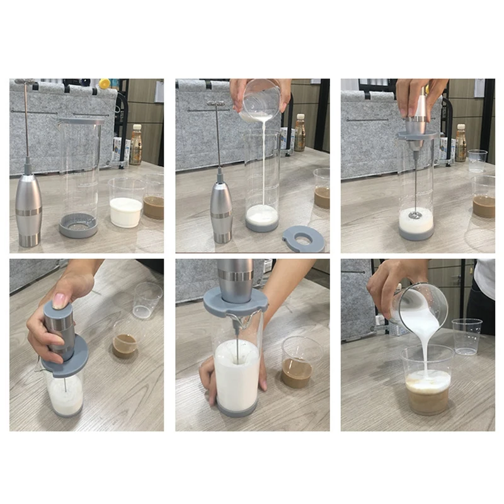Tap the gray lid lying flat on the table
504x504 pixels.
click(303, 239)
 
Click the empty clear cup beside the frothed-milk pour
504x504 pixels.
click(466, 336)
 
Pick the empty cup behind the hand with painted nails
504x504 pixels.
click(147, 299)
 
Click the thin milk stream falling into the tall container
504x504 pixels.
click(262, 164)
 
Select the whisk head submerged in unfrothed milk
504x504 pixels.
click(415, 215)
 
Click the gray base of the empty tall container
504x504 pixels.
click(79, 226)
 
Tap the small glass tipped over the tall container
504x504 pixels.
click(261, 100)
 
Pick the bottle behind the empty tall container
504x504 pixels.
click(135, 144)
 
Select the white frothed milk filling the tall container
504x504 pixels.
click(236, 375)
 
